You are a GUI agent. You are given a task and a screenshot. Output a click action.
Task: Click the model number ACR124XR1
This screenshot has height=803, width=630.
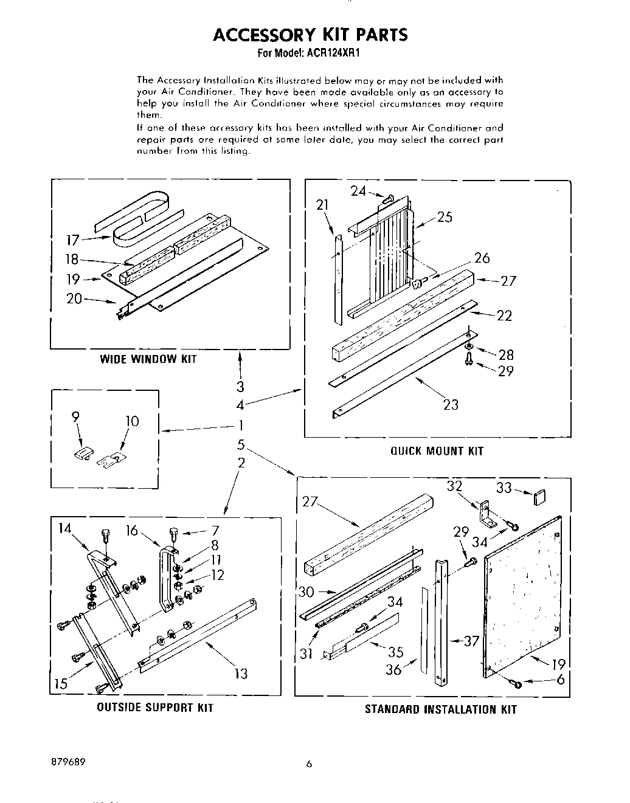[334, 53]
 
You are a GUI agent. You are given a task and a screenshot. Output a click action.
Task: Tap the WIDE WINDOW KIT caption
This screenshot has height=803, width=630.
[148, 359]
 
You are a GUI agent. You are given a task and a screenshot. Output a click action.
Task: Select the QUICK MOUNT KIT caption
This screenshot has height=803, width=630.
[437, 450]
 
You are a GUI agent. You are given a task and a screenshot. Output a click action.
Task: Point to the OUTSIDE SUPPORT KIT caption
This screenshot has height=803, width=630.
[155, 708]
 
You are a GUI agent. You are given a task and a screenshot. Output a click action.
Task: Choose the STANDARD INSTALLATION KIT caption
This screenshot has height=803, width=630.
[440, 709]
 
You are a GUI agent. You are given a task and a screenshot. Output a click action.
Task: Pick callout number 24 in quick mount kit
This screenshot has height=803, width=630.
[358, 191]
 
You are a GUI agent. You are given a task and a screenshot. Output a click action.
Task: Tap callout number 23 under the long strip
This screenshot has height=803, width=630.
[451, 404]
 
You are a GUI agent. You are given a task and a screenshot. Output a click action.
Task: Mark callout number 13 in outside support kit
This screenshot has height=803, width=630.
[241, 673]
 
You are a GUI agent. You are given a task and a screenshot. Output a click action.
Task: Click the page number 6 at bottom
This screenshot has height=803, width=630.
[309, 765]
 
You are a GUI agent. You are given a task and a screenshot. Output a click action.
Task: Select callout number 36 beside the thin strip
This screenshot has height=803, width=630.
[395, 669]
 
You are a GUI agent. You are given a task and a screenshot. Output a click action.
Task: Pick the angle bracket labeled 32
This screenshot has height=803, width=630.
[486, 514]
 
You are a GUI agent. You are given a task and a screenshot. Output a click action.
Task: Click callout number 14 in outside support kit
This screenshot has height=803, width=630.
[65, 528]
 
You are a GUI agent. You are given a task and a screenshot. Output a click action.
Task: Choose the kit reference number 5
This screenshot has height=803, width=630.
[241, 444]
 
